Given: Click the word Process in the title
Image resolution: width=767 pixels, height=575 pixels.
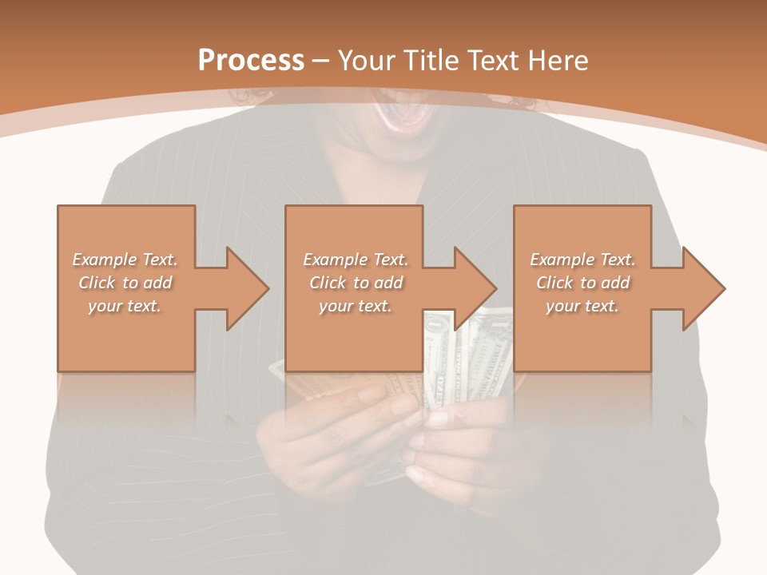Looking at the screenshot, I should [251, 61].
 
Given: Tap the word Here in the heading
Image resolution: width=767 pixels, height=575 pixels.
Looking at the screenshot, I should [560, 61].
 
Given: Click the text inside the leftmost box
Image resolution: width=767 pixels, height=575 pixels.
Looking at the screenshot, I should [125, 283].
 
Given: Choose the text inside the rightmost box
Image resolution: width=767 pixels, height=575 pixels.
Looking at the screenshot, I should [582, 283].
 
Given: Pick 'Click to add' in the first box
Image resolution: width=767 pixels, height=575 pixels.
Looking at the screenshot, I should [125, 283].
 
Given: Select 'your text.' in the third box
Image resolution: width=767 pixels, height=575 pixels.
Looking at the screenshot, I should [582, 306].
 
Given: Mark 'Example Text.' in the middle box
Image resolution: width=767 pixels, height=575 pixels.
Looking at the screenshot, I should [356, 260].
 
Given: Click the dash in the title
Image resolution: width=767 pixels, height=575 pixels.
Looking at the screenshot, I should [321, 61].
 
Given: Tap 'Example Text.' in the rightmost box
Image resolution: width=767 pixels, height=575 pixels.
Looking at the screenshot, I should [582, 260].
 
